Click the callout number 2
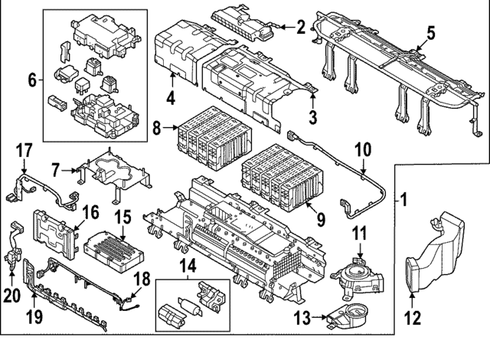click(301, 28)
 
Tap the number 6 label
click(31, 79)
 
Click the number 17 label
click(23, 149)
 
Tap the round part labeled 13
click(349, 313)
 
